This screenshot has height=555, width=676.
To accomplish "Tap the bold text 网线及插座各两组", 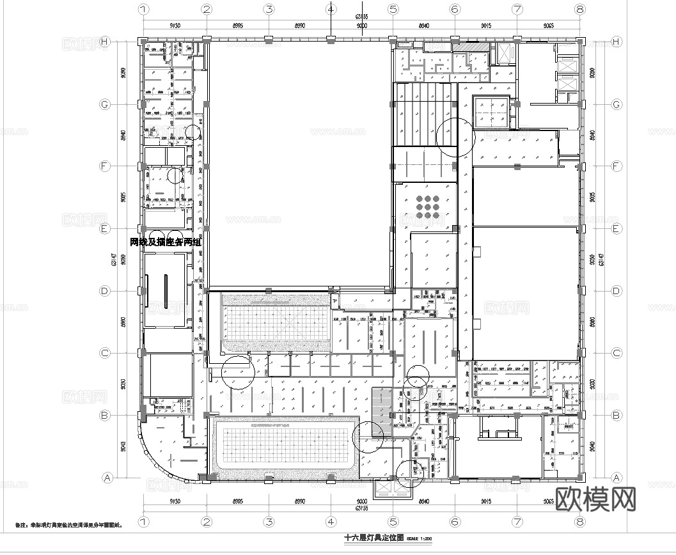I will coord(165,242).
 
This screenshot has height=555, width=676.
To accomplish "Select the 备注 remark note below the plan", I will coord(68,525).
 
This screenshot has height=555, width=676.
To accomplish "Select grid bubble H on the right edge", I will coord(617,42).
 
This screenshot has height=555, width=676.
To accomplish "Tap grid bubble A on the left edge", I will coord(107,477).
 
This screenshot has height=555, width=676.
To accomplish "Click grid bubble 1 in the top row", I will coord(144,10).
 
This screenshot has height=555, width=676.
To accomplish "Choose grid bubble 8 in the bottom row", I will coord(579,522).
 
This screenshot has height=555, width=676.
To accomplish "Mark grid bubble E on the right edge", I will coord(617,228).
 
